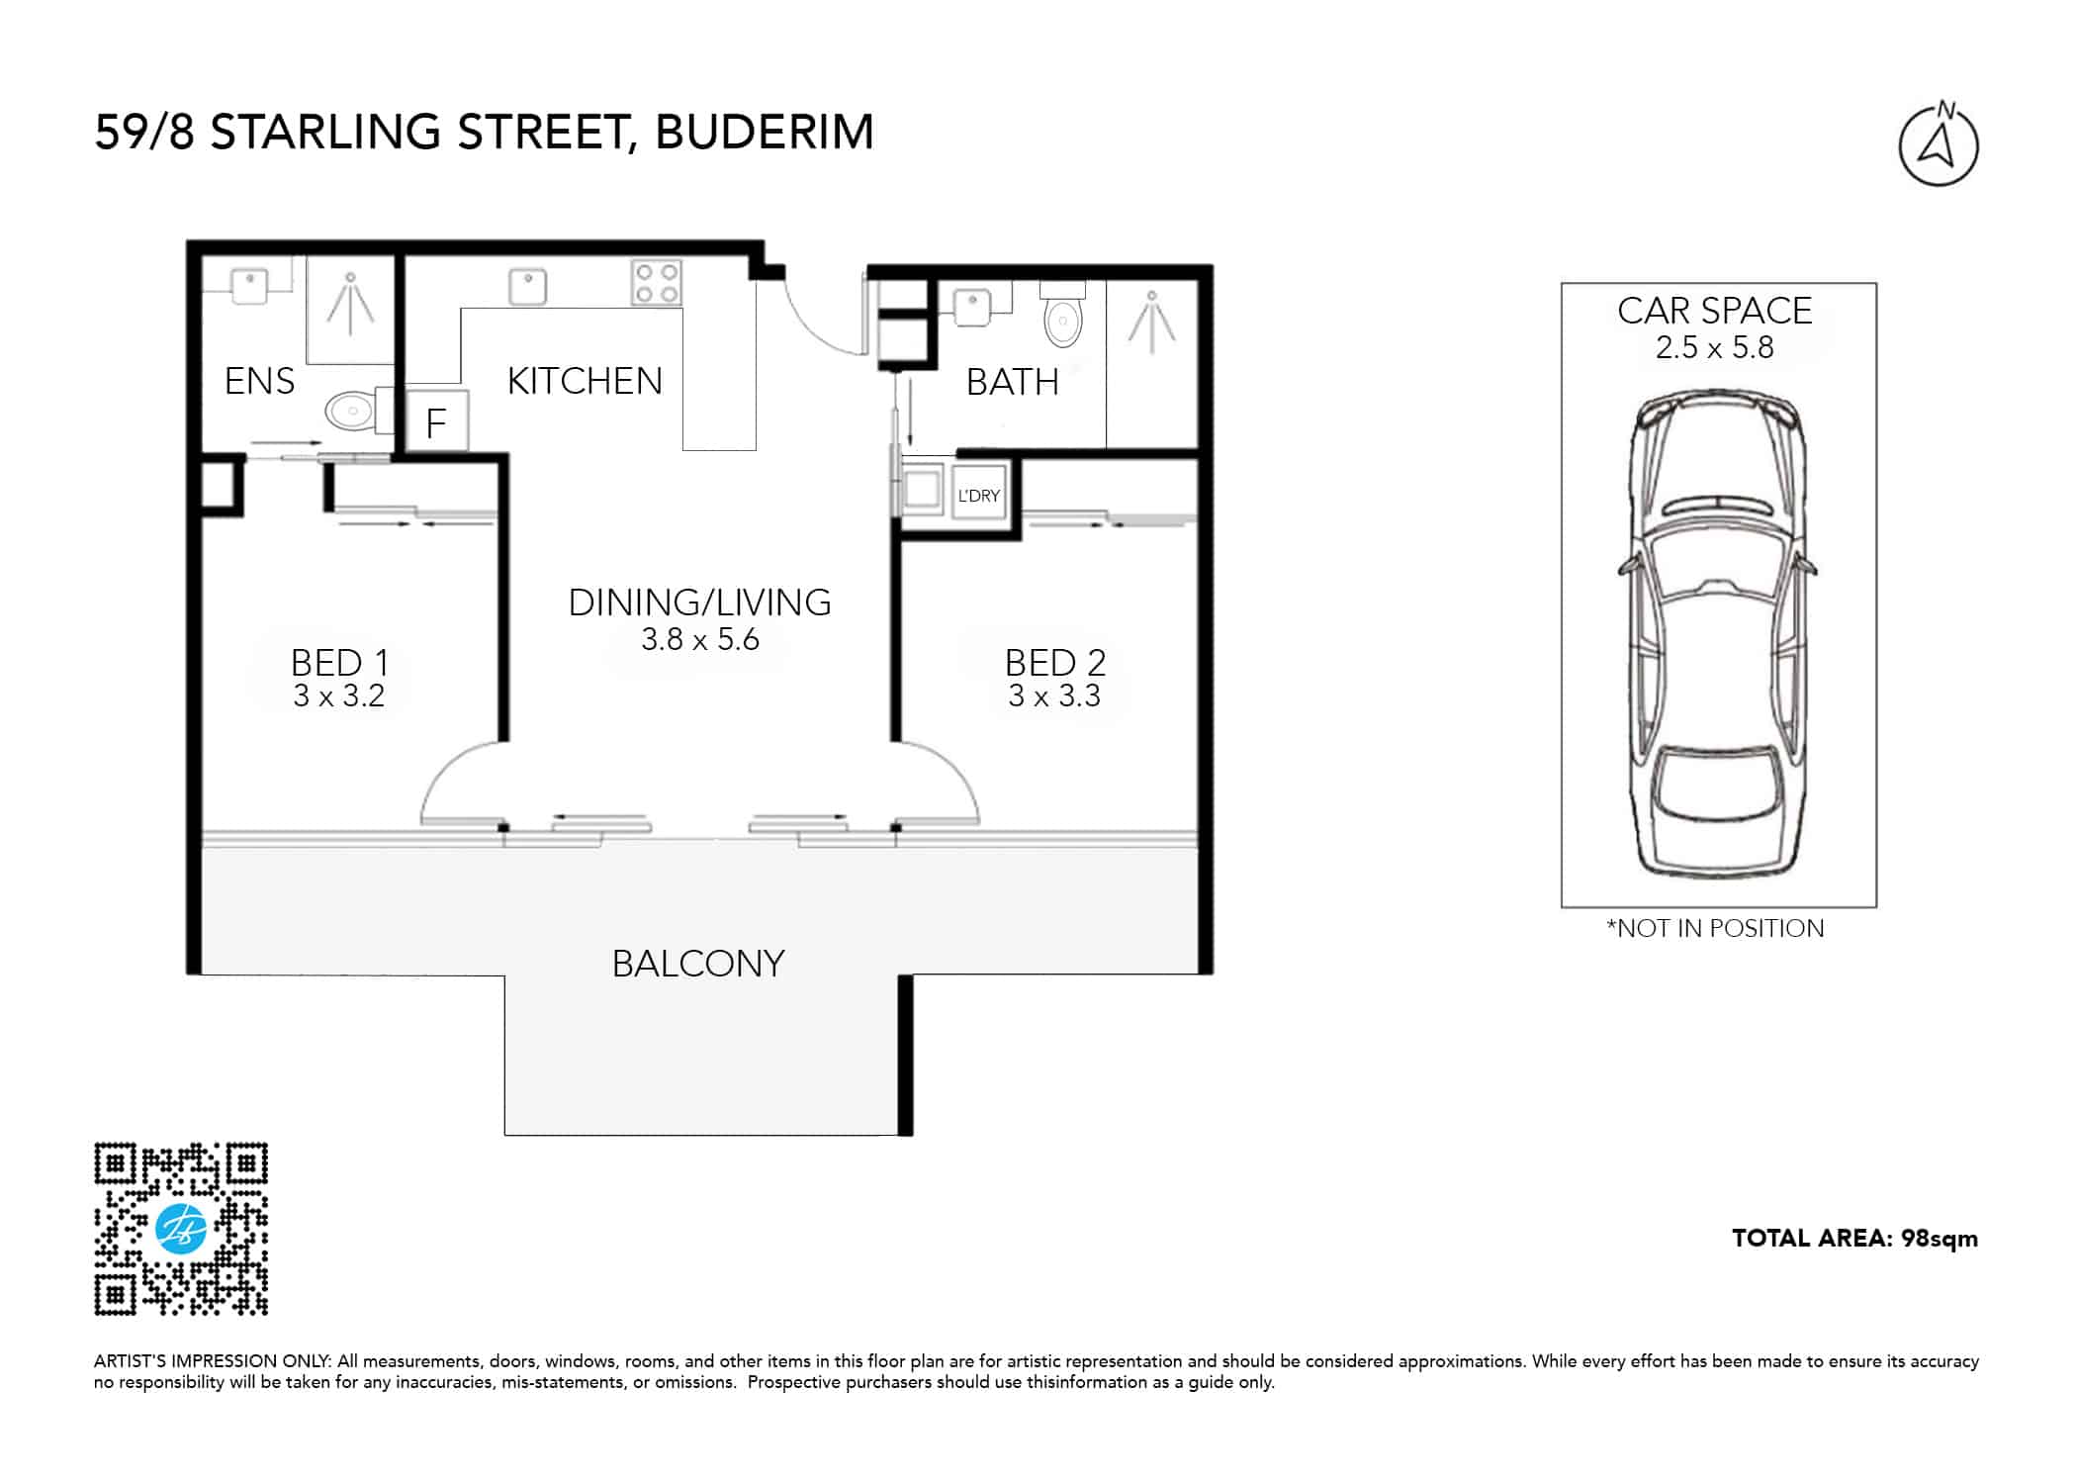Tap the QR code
click(x=181, y=1230)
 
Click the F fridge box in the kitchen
click(x=436, y=421)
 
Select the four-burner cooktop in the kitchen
click(x=657, y=282)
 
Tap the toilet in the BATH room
click(x=1063, y=315)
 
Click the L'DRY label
click(x=978, y=496)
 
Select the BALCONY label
click(x=698, y=964)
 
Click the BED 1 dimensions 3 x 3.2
click(x=338, y=696)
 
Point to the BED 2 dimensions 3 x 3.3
click(x=1054, y=696)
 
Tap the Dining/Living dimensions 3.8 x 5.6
click(x=700, y=640)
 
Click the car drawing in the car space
click(x=1718, y=633)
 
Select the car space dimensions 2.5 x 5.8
click(x=1715, y=348)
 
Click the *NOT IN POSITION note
click(x=1715, y=928)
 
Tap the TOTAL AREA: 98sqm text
click(x=1854, y=1239)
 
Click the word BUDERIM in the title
click(x=765, y=133)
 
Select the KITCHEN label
click(x=585, y=381)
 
